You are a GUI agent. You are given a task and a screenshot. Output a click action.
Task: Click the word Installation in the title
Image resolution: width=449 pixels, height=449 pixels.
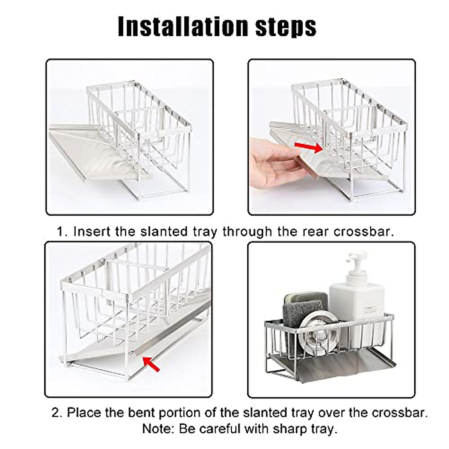click(183, 26)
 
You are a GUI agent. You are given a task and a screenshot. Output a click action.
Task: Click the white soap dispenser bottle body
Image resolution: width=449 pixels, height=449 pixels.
click(357, 307)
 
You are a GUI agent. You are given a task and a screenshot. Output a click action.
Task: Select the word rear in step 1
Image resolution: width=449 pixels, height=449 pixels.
click(316, 232)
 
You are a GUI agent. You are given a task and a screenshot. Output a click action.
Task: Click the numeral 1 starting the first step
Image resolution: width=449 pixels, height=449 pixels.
click(61, 232)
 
